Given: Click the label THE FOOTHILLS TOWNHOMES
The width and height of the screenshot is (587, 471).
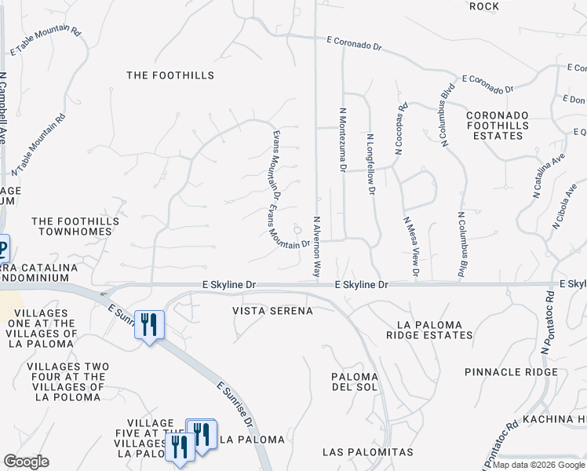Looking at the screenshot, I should (75, 228).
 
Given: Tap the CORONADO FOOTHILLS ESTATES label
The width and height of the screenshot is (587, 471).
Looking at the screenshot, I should (496, 126).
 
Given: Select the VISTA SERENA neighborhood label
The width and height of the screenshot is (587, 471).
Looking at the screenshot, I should (273, 311).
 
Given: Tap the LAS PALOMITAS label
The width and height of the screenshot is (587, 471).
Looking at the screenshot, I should (367, 453).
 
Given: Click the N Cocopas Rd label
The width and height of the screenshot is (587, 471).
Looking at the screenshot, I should (401, 129).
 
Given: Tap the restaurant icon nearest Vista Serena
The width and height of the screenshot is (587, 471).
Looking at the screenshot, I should (148, 324).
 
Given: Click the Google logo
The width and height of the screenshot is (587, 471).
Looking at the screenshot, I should (26, 461).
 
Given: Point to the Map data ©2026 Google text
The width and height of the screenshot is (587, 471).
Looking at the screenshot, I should (538, 465).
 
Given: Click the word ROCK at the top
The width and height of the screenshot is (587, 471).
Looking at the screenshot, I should (483, 6).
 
